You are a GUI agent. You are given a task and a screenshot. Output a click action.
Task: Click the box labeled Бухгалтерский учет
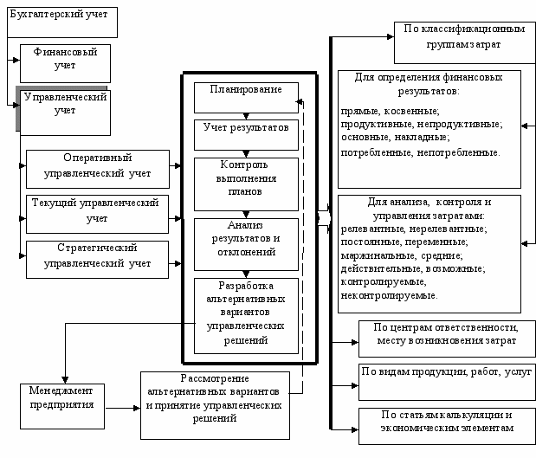coord(62,23)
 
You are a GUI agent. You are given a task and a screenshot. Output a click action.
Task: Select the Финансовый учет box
coord(65,63)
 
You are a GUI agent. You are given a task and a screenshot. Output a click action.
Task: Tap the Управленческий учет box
coord(65,113)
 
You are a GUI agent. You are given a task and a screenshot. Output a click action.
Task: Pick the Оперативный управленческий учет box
coord(98,169)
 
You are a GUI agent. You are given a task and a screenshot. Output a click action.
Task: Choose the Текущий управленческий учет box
coord(98,215)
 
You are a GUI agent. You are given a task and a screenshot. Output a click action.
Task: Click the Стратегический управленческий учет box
coord(98,260)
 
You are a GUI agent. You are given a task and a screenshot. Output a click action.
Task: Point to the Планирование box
coord(246,98)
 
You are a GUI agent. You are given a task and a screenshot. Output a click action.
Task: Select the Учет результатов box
coord(246,135)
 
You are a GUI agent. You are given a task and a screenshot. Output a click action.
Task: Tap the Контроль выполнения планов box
coord(246,184)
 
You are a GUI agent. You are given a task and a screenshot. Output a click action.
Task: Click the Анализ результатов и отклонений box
coord(246,244)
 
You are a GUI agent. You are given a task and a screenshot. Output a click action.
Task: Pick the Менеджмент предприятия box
coord(62,406)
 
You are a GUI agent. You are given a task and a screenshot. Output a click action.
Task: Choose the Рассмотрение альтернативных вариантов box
coord(215,406)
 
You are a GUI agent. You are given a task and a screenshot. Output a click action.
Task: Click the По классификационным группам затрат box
coord(465,42)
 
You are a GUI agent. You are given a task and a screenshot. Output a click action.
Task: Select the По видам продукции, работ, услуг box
coord(447,382)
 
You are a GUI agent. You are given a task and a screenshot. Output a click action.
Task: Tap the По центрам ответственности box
coord(447,339)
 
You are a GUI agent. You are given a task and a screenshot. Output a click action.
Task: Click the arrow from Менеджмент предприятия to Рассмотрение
coord(123,408)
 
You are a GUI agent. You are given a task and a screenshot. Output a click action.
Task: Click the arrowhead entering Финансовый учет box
coord(16,60)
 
